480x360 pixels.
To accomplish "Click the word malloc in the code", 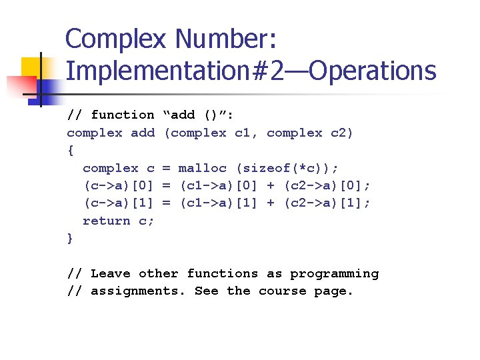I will point(202,168).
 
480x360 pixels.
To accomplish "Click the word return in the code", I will point(106,221).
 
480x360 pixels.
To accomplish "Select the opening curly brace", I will point(71,151).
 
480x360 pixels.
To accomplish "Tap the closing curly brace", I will point(71,238).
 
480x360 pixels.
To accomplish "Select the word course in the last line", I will point(282,291).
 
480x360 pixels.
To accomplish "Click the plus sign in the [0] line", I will point(270,185).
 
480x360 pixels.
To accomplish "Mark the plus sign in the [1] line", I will point(270,203).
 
